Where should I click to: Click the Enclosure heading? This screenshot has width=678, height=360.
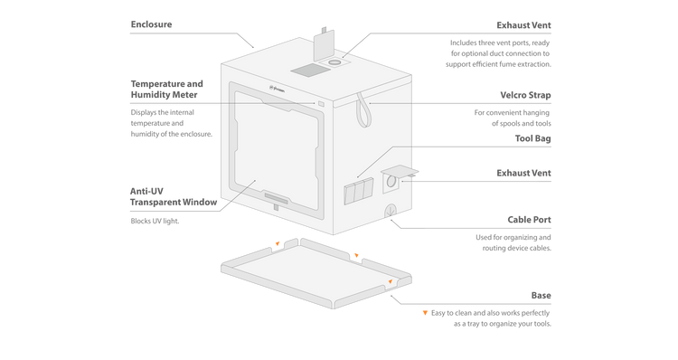coord(151,24)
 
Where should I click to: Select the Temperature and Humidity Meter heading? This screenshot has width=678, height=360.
coord(167,90)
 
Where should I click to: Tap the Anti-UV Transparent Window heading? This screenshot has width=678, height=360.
coord(174,196)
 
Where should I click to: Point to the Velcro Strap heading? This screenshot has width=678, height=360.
coord(525,95)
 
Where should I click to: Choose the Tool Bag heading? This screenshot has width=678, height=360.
coord(532,138)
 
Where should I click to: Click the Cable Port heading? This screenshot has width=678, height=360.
coord(529,220)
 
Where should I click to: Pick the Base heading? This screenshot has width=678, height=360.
coord(541,295)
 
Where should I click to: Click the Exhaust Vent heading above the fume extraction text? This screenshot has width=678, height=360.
coord(523,25)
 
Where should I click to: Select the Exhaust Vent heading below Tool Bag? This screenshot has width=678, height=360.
coord(523,173)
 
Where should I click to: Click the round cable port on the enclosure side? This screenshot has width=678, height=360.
coord(391,210)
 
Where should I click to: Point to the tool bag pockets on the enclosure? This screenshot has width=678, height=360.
coord(359,191)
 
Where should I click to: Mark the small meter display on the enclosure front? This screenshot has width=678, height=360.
coord(321,104)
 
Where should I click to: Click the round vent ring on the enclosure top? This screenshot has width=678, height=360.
coord(334,62)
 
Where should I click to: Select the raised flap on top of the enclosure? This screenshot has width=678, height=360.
coord(324,45)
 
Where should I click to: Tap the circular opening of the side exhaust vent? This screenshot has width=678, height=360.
coord(391,181)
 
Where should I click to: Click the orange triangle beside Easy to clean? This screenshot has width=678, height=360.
coord(425,312)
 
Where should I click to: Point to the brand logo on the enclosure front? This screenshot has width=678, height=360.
coord(278,90)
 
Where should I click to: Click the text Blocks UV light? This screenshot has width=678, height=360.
coord(155,221)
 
